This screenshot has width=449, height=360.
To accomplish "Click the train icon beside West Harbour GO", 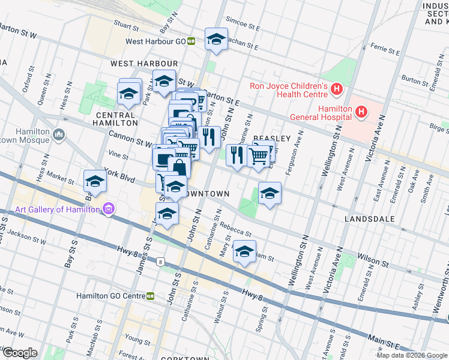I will click(x=191, y=41).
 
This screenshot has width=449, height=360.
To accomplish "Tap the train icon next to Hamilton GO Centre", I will click(x=150, y=296).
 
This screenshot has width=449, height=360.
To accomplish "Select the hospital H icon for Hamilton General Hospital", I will click(x=361, y=111).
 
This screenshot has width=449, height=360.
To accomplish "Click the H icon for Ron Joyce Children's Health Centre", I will click(x=337, y=91).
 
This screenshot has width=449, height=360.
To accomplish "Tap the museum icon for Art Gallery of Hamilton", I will click(x=109, y=209).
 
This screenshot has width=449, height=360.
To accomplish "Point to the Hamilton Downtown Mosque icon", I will click(x=59, y=134).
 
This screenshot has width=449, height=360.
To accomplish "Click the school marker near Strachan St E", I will click(x=216, y=40).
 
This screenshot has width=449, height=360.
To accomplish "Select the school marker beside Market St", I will click(x=95, y=181).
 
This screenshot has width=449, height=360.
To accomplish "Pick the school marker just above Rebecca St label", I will click(x=270, y=193).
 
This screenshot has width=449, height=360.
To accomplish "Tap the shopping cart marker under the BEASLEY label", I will click(x=259, y=155).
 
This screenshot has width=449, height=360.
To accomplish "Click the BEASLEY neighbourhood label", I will click(x=271, y=139).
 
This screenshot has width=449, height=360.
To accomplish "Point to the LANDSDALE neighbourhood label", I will click(x=370, y=219).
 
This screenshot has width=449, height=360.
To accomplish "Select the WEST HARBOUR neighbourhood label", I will click(x=144, y=64).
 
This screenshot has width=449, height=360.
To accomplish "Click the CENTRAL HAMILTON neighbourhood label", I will click(x=115, y=119).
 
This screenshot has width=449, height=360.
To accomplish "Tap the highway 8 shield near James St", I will click(x=160, y=261).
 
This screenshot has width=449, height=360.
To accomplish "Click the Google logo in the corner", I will click(x=19, y=353).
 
